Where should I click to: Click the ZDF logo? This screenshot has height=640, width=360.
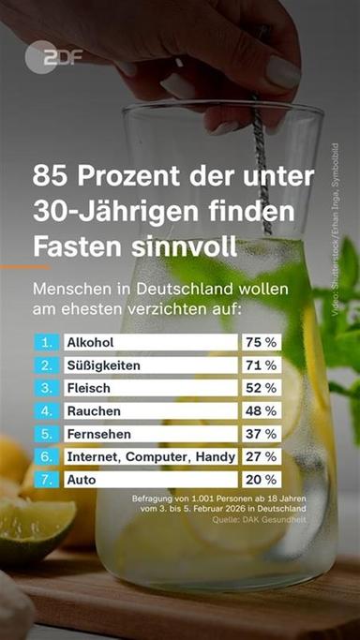click(54, 57)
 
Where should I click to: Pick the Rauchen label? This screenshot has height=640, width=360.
click(91, 410)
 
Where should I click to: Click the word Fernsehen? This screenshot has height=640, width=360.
click(98, 434)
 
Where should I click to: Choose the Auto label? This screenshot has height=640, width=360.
click(81, 479)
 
